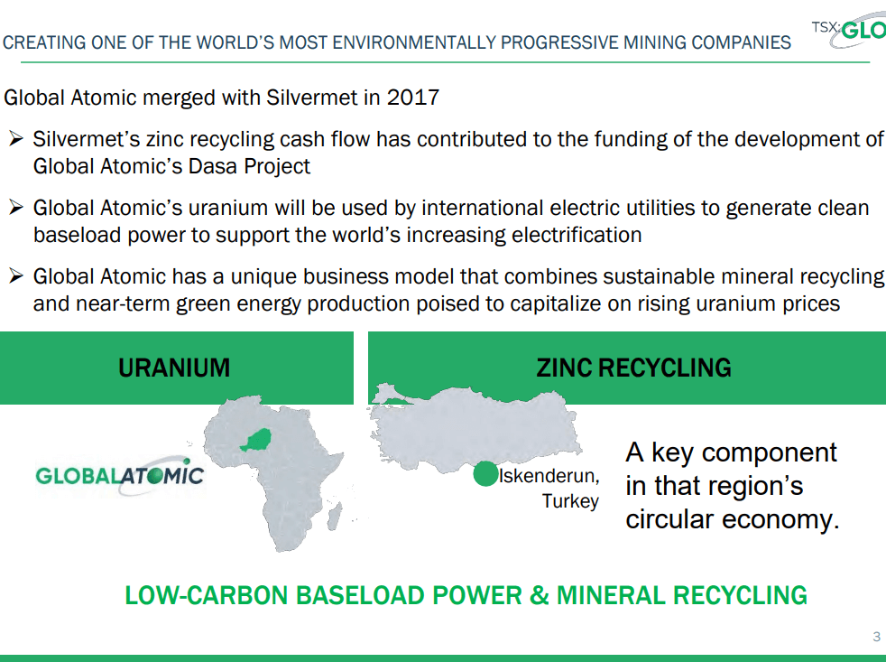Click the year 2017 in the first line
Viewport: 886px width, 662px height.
[x=412, y=97]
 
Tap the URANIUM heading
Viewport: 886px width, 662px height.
[x=174, y=368]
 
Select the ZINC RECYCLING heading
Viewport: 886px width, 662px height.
[x=633, y=368]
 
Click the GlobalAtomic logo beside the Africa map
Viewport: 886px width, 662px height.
[x=119, y=475]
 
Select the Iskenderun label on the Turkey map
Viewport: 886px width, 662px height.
[x=549, y=475]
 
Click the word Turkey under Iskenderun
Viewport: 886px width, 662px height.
[x=570, y=500]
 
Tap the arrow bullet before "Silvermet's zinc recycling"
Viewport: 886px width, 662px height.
[x=16, y=140]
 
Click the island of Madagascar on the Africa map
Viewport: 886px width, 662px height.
[x=334, y=517]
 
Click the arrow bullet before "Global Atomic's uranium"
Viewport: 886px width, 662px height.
[x=16, y=209]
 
